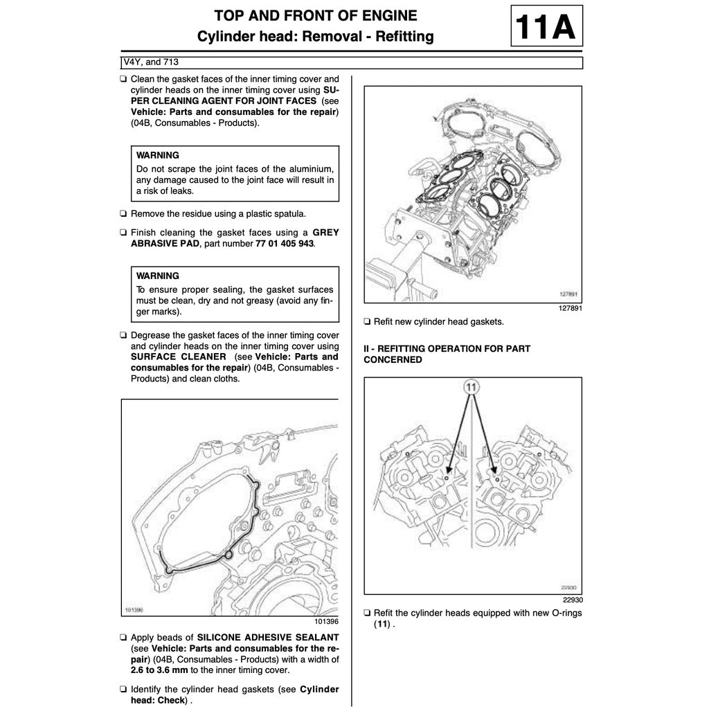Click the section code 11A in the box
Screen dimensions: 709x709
(x=546, y=26)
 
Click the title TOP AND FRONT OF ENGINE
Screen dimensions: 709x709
(x=316, y=15)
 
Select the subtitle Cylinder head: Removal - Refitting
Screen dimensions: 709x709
(x=316, y=37)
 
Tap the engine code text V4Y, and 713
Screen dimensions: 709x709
(x=151, y=62)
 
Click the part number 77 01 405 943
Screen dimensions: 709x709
(x=285, y=244)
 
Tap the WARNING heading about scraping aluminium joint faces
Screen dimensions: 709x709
(x=158, y=155)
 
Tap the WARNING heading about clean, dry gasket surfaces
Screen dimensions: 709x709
(x=158, y=276)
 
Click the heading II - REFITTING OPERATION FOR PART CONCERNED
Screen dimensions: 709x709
(x=447, y=354)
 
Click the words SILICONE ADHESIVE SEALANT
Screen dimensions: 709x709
(x=268, y=637)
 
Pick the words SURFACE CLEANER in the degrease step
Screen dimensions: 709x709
(x=178, y=357)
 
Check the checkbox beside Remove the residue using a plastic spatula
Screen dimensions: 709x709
(x=123, y=214)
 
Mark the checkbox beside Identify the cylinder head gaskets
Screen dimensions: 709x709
(x=123, y=690)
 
